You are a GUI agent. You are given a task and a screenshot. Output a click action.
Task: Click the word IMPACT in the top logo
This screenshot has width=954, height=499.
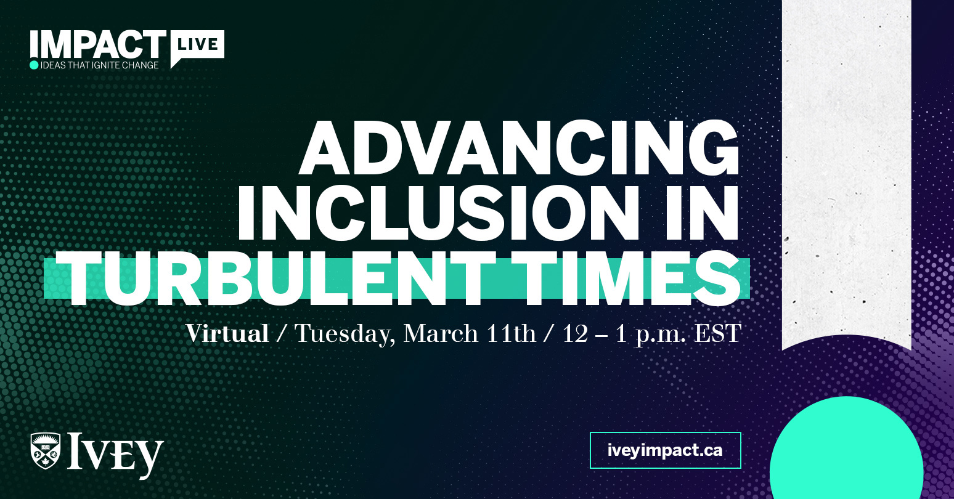coord(97,44)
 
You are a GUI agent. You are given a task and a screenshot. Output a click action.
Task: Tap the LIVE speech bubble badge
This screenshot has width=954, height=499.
coord(197,45)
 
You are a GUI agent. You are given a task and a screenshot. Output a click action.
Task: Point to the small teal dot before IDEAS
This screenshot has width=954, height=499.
coord(34,65)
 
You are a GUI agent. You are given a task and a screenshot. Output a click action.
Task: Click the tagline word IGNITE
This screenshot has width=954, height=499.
coord(107,65)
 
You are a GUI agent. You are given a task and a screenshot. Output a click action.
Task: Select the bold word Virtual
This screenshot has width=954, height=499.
coord(227,333)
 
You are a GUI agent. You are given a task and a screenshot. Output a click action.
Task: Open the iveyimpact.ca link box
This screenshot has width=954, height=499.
coord(665,450)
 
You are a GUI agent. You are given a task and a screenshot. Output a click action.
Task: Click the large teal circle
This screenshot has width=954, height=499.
coord(846,453)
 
